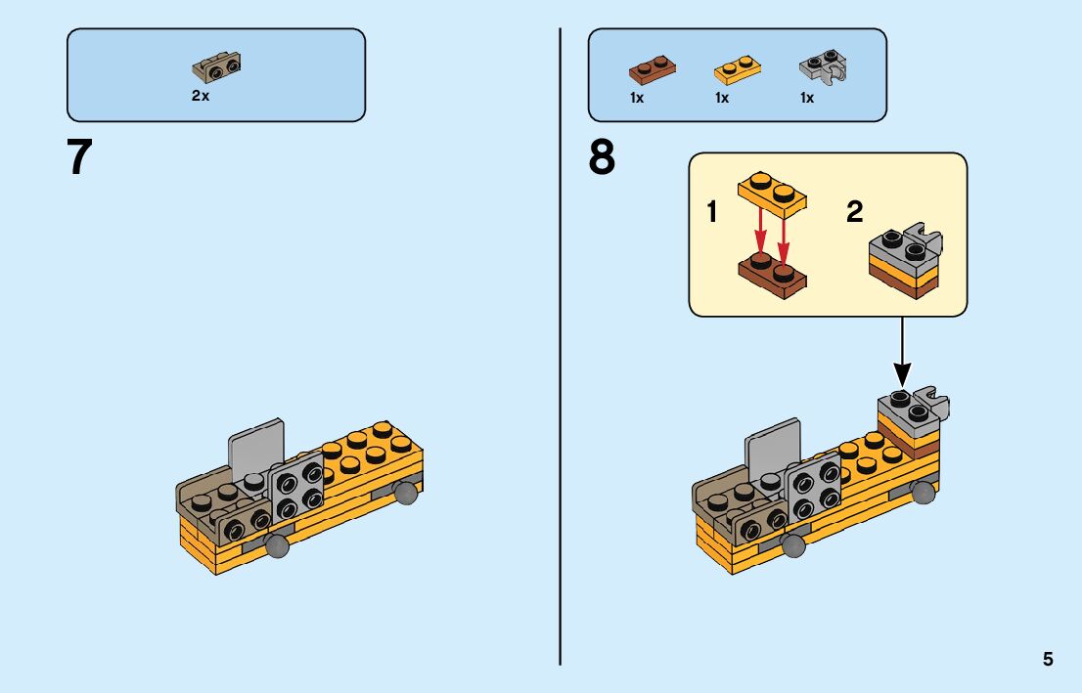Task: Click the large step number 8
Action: click(602, 157)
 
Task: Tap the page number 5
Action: click(1048, 659)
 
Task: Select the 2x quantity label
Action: click(201, 97)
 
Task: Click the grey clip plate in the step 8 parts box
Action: click(822, 67)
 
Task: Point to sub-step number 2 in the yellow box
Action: click(855, 212)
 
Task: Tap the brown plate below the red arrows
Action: click(773, 274)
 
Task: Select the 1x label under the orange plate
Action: click(722, 98)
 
